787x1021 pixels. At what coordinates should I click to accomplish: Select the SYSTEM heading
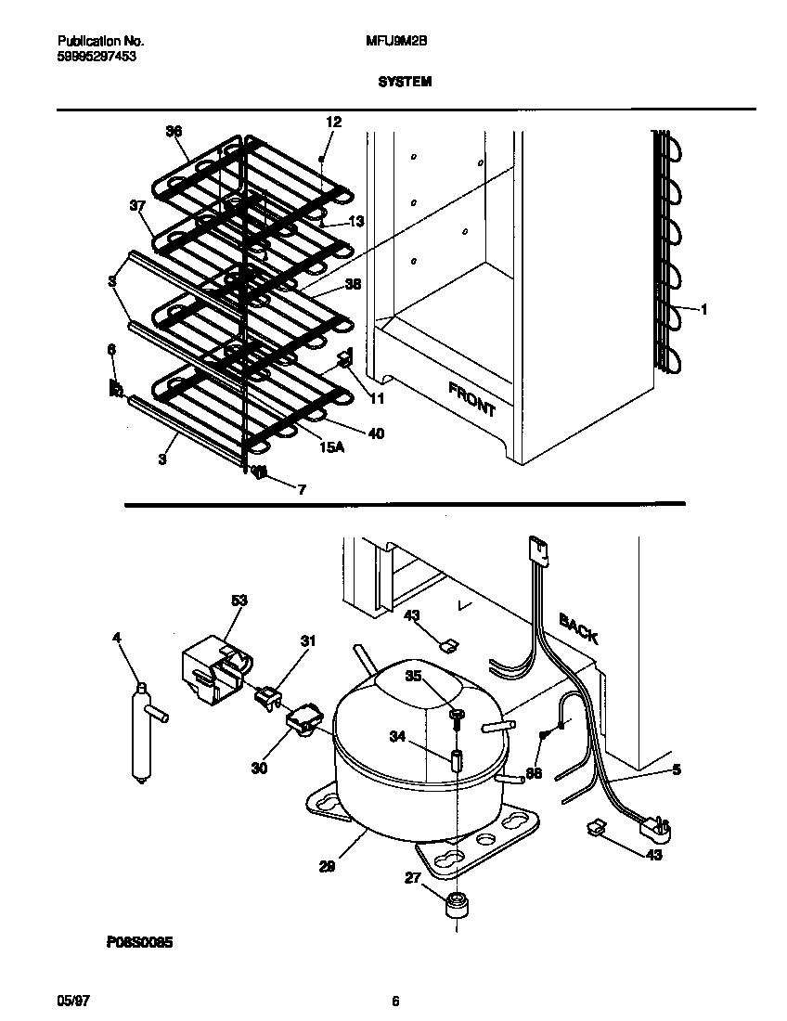pyautogui.click(x=405, y=82)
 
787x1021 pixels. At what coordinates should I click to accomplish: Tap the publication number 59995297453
pyautogui.click(x=90, y=57)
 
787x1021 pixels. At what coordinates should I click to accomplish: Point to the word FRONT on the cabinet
pyautogui.click(x=472, y=398)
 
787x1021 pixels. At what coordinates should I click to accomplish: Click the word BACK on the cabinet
pyautogui.click(x=578, y=629)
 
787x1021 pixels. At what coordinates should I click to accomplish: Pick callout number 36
pyautogui.click(x=174, y=132)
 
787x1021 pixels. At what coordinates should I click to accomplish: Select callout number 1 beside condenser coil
pyautogui.click(x=703, y=310)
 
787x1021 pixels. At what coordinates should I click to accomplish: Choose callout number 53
pyautogui.click(x=239, y=601)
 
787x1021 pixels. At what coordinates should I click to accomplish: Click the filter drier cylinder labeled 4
pyautogui.click(x=142, y=733)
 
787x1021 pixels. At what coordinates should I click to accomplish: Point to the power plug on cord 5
pyautogui.click(x=660, y=823)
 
